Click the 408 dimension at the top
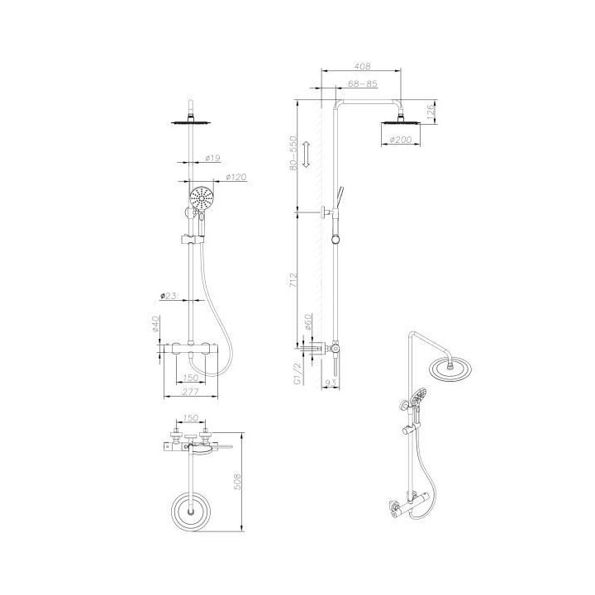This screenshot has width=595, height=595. pos(362,67)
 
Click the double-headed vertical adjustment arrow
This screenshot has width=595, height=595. pos(306,155)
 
